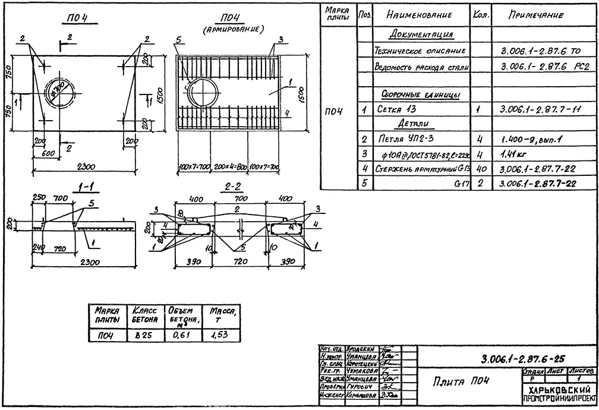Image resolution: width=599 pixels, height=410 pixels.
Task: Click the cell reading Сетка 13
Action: click(x=397, y=110)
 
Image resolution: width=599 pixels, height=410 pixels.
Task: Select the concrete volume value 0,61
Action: click(x=180, y=335)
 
